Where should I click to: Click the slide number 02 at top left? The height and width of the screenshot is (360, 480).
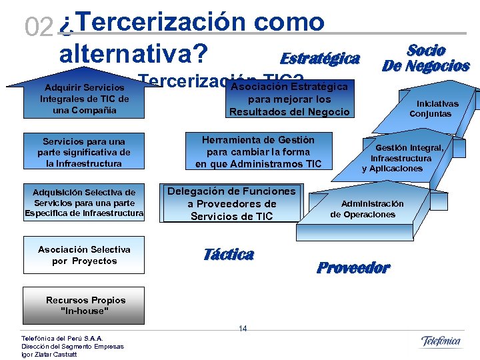(37, 27)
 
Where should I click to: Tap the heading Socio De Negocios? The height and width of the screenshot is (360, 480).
(425, 58)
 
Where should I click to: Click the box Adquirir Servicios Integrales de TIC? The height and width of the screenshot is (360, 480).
(85, 99)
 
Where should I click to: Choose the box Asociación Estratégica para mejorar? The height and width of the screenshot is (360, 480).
(289, 99)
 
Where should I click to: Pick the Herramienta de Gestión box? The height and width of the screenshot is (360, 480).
(258, 151)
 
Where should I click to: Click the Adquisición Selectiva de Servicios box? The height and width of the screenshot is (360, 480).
(84, 203)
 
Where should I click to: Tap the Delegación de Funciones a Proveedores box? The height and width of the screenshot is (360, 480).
(231, 203)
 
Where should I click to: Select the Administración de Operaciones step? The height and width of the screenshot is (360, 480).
(372, 209)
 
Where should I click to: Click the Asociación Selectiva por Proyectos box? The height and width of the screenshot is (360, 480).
(84, 255)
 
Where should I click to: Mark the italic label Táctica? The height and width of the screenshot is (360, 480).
(228, 254)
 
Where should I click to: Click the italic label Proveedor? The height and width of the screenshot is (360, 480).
(353, 268)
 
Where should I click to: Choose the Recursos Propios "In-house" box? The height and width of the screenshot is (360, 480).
(85, 305)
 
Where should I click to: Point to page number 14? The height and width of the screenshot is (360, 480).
(243, 329)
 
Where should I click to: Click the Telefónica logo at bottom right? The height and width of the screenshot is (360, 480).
(441, 342)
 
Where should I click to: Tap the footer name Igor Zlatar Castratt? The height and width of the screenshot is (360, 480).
(49, 354)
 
